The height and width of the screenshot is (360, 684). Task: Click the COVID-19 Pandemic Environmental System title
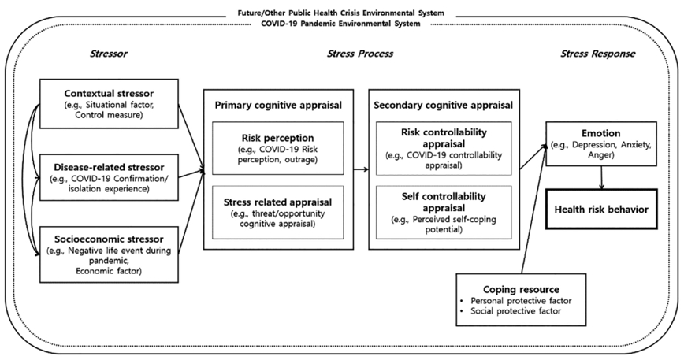pyautogui.click(x=342, y=24)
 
